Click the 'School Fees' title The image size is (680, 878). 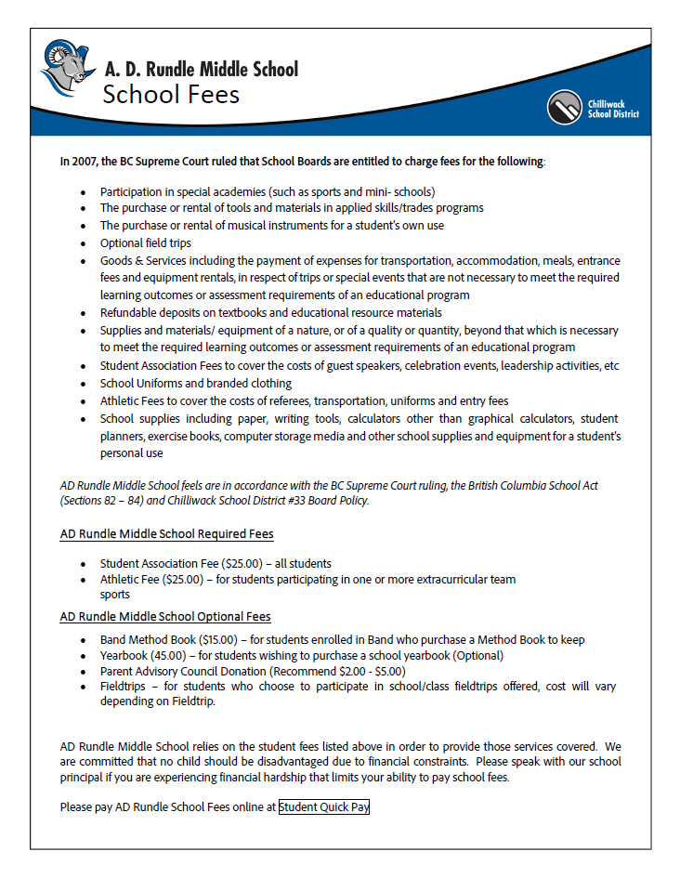pos(171,95)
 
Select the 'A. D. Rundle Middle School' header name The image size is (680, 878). pos(202,69)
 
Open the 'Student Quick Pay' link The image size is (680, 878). pos(324,807)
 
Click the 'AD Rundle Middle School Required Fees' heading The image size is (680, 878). pos(166,534)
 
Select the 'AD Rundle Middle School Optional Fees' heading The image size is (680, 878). pos(165,616)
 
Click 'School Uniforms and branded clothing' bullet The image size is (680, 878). pos(195,384)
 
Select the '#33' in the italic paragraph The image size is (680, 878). pos(281,501)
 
